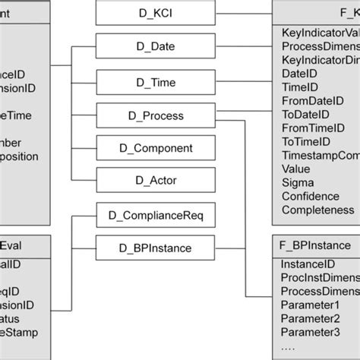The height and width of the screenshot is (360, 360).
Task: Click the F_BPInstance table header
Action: [x=315, y=245]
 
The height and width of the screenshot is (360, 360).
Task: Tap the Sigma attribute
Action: [x=298, y=182]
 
